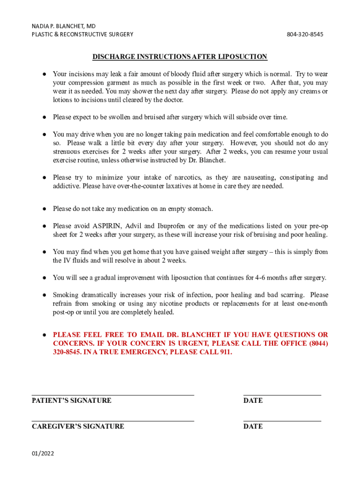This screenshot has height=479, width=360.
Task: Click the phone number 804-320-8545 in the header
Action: [x=305, y=34]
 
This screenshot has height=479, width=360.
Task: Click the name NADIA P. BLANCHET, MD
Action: [x=64, y=26]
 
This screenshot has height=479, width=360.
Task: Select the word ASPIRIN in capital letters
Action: [x=105, y=226]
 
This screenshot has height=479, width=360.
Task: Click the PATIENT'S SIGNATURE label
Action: [x=72, y=400]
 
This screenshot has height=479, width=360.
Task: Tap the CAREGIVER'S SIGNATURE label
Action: [x=78, y=426]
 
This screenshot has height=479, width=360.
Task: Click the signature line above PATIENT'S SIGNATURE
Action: [x=113, y=395]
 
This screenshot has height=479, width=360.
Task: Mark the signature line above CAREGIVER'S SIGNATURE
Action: [x=113, y=421]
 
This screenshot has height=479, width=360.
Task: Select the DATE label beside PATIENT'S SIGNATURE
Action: [x=253, y=400]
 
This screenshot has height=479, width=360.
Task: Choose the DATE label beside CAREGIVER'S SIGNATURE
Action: [x=253, y=426]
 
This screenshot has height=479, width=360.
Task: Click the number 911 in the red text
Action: [x=224, y=352]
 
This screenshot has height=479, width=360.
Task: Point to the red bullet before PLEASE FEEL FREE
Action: [x=43, y=335]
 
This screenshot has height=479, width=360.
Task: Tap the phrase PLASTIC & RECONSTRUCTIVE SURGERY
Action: [x=82, y=34]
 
